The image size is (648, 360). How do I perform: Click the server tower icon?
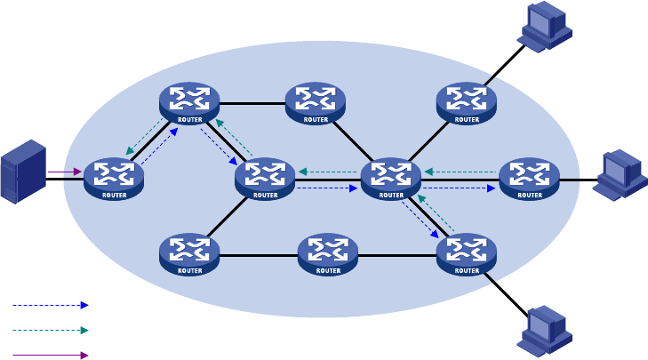pos(23,172)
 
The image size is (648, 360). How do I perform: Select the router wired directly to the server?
pos(114,179)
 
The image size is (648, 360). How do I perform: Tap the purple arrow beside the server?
pos(65,172)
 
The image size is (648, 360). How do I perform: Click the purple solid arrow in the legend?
pos(51,355)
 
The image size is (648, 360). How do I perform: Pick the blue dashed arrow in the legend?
pos(51,306)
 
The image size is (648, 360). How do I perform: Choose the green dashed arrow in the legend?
pos(51,331)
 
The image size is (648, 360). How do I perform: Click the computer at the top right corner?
pos(544,27)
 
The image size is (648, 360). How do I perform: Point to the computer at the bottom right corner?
pos(544,331)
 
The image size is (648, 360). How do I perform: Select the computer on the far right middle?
pos(620,175)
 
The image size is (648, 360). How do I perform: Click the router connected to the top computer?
pos(467,103)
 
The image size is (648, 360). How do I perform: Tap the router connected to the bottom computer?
pos(467,254)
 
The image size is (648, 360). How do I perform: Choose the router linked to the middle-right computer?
pos(530,179)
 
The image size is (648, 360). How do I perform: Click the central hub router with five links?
pos(391,179)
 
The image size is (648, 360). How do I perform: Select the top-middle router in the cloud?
pos(316,103)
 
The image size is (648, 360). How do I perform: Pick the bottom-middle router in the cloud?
pos(328,254)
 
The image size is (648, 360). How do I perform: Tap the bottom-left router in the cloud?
pos(189,254)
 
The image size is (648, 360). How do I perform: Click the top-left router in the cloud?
pos(189,103)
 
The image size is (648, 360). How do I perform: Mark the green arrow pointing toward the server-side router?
pos(145,136)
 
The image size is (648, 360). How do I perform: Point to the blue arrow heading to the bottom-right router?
pos(420,220)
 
